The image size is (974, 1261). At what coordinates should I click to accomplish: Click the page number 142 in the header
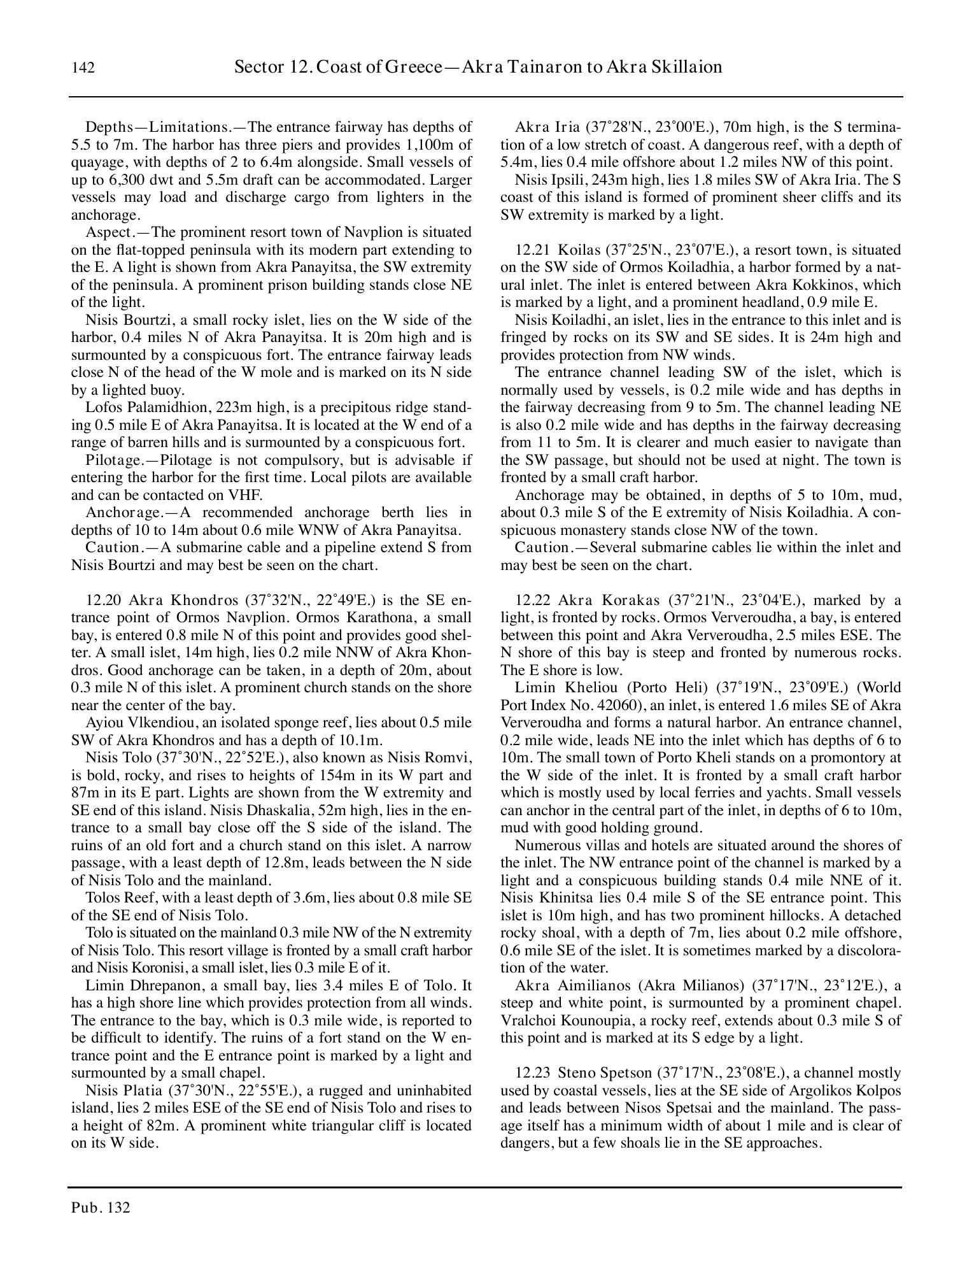tap(83, 68)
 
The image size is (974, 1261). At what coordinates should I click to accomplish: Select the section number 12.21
tap(532, 250)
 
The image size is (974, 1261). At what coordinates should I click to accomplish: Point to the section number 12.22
tap(532, 601)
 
